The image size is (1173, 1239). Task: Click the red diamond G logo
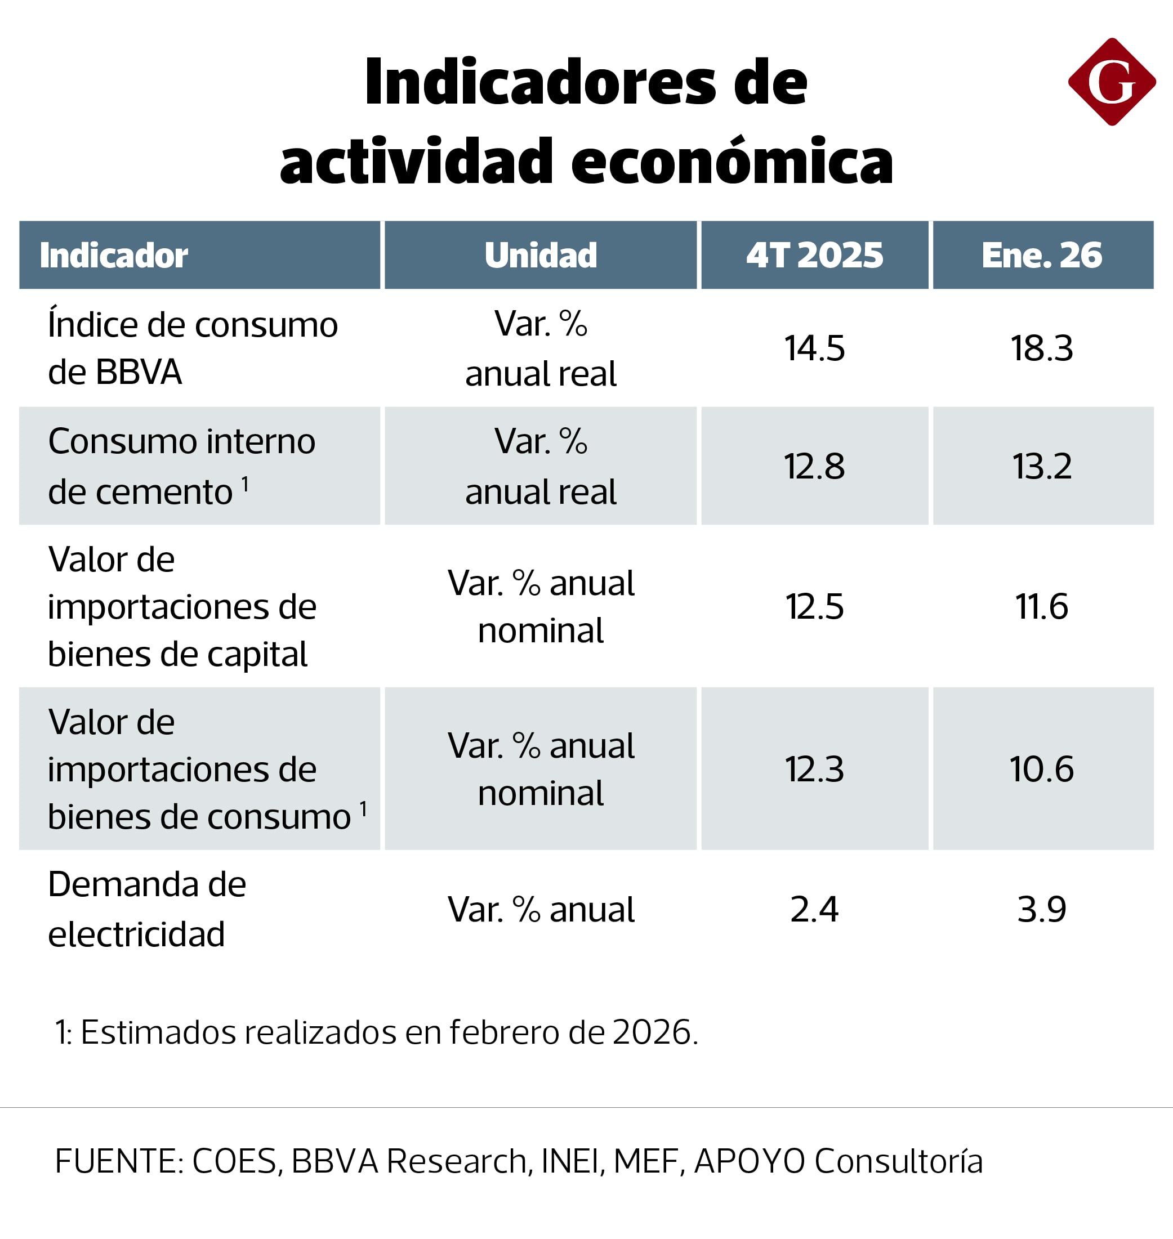pyautogui.click(x=1111, y=82)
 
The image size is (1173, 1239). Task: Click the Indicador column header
pyautogui.click(x=113, y=255)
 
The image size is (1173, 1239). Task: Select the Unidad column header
pyautogui.click(x=540, y=255)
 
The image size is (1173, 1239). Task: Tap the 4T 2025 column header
pyautogui.click(x=814, y=255)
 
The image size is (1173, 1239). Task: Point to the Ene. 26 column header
pyautogui.click(x=1042, y=255)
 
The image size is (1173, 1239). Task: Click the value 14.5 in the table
pyautogui.click(x=814, y=348)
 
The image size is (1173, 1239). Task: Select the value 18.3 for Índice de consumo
pyautogui.click(x=1042, y=348)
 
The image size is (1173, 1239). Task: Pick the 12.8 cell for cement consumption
pyautogui.click(x=814, y=466)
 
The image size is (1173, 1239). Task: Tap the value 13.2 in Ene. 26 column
pyautogui.click(x=1042, y=466)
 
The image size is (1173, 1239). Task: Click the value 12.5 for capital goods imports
pyautogui.click(x=814, y=606)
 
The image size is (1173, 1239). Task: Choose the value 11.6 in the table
pyautogui.click(x=1042, y=606)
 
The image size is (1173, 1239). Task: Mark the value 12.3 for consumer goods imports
pyautogui.click(x=814, y=769)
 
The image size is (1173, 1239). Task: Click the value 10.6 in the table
pyautogui.click(x=1042, y=769)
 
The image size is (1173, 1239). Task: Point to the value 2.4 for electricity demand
pyautogui.click(x=814, y=910)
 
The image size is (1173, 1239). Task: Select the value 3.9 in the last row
pyautogui.click(x=1042, y=910)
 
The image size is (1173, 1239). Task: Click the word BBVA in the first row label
pyautogui.click(x=139, y=373)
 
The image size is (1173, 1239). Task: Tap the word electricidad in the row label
pyautogui.click(x=136, y=934)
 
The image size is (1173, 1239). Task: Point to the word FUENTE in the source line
pyautogui.click(x=118, y=1161)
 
